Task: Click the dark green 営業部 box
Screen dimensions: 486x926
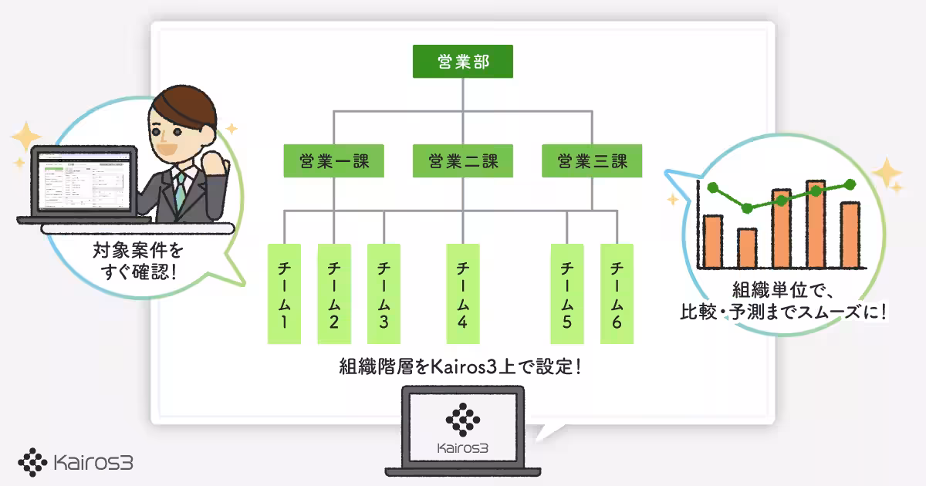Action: coord(462,62)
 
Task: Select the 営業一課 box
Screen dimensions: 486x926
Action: coord(334,162)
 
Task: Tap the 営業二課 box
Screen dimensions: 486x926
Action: coord(462,162)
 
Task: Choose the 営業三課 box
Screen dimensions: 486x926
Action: coord(592,162)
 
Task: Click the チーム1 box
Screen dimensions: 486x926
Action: coord(284,294)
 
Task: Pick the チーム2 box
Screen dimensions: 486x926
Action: coord(334,294)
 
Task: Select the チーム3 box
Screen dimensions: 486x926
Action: coord(384,294)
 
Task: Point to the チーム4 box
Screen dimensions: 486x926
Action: coord(463,294)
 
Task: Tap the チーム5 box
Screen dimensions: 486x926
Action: coord(567,294)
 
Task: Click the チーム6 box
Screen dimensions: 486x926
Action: coord(617,294)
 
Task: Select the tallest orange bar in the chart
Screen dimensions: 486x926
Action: coord(816,224)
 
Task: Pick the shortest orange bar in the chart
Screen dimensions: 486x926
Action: coord(747,247)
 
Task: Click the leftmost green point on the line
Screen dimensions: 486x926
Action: coord(712,187)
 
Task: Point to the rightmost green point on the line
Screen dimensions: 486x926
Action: coord(850,184)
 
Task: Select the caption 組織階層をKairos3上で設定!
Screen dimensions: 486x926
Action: coord(460,366)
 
